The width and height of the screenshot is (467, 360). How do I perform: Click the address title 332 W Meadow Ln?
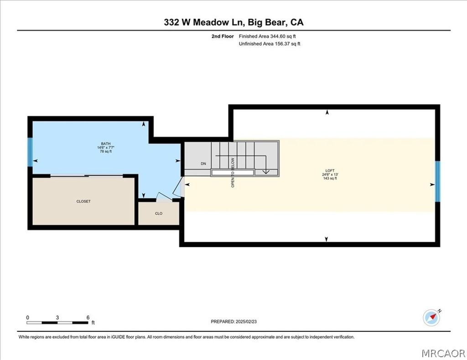pyautogui.click(x=233, y=22)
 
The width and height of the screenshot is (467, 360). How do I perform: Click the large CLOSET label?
pyautogui.click(x=83, y=201)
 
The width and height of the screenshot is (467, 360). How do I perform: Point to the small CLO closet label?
pyautogui.click(x=159, y=213)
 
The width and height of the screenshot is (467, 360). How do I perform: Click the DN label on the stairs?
pyautogui.click(x=203, y=163)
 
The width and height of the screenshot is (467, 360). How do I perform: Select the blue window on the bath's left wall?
pyautogui.click(x=30, y=152)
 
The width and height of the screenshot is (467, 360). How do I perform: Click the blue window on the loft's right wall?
pyautogui.click(x=437, y=181)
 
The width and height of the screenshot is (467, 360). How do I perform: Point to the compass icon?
pyautogui.click(x=431, y=317)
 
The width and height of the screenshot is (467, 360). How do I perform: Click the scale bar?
pyautogui.click(x=57, y=323)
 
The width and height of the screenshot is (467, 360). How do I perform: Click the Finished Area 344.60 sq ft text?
pyautogui.click(x=270, y=36)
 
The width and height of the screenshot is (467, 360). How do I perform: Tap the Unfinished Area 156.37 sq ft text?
pyautogui.click(x=270, y=44)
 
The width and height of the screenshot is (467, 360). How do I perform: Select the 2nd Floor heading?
pyautogui.click(x=223, y=36)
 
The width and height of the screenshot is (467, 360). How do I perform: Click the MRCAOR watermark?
pyautogui.click(x=443, y=352)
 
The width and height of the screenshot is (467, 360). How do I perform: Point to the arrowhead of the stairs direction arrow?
pyautogui.click(x=266, y=172)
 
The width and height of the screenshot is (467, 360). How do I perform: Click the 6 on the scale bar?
pyautogui.click(x=88, y=317)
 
